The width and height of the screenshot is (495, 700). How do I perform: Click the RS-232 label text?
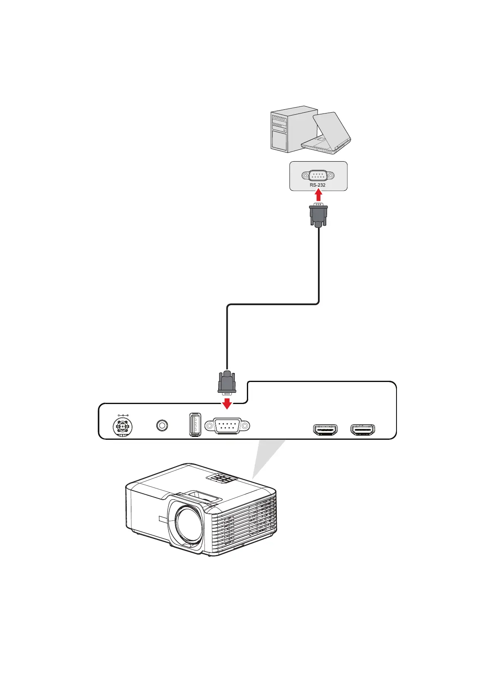pos(318,185)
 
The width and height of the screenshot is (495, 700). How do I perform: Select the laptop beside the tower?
pos(328,133)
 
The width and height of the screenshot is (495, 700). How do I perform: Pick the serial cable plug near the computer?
pos(318,215)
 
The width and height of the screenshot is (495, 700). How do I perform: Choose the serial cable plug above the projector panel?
pos(227,382)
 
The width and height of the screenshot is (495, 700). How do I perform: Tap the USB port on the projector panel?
pos(195,424)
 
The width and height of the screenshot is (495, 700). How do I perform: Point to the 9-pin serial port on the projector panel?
pos(227,426)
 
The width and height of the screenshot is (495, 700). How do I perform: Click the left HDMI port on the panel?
pos(325,430)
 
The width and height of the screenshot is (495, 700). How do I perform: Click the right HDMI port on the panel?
pos(363,430)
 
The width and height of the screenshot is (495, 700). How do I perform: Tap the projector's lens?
pos(187,524)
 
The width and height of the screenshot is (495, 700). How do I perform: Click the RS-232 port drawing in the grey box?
pos(318,175)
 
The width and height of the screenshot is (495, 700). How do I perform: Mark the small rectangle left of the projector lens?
pos(162,520)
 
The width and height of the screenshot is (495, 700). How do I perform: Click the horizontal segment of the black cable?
pos(273,304)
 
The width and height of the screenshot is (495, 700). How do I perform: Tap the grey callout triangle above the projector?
pos(266,457)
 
